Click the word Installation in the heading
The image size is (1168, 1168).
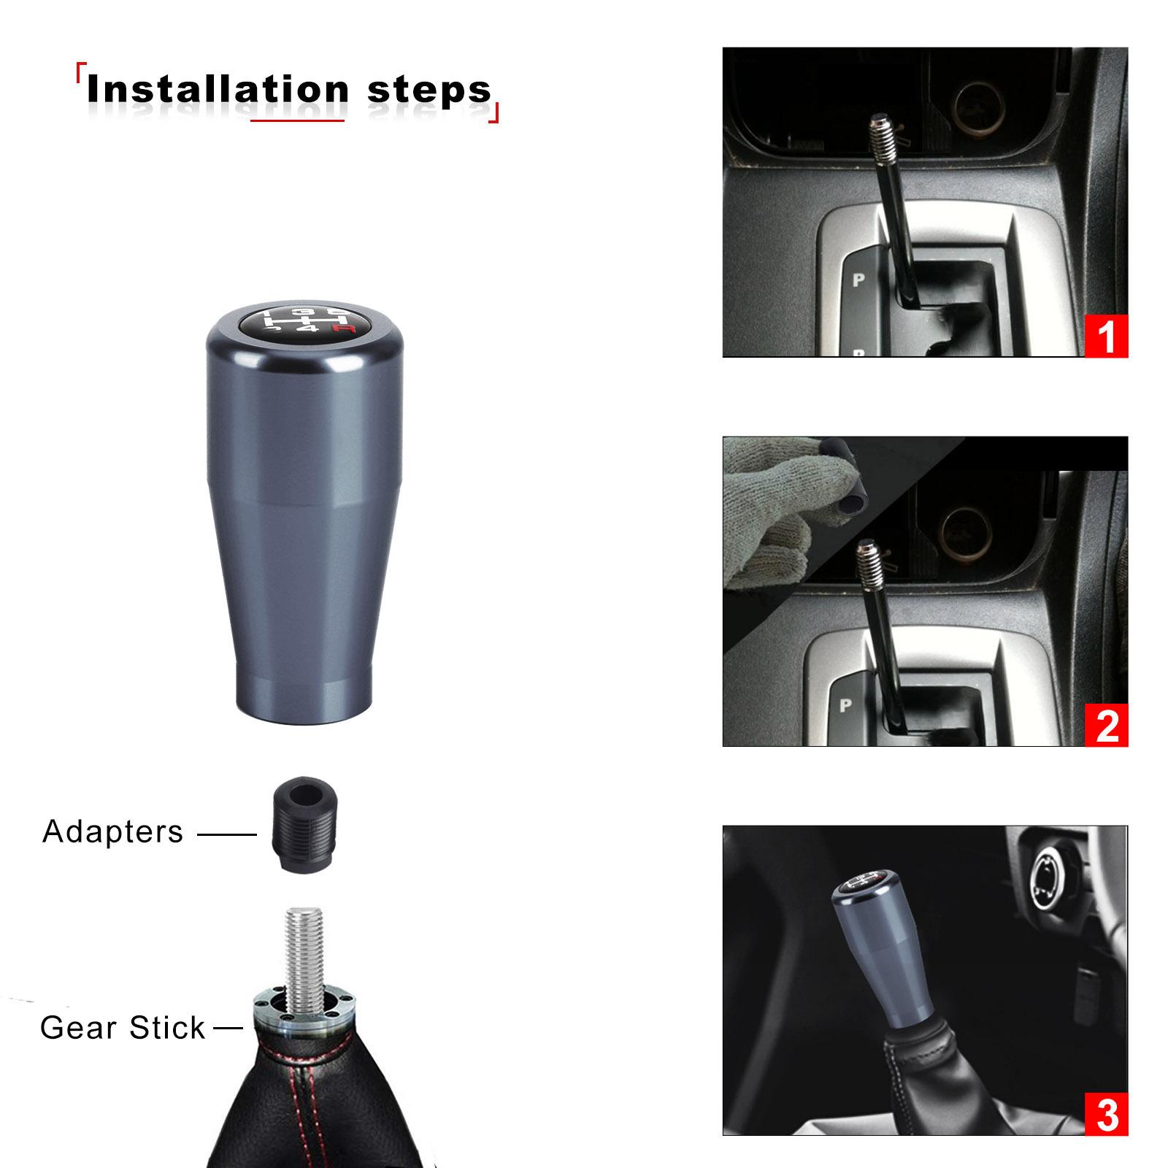218,89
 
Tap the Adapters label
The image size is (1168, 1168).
112,831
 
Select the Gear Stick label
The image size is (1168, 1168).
123,1028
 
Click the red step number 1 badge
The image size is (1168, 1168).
1106,336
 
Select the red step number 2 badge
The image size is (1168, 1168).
1106,725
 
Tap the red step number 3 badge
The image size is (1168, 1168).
1106,1114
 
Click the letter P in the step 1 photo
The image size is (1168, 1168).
858,280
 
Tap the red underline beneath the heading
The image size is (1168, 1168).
297,120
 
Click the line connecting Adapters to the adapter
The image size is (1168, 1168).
227,834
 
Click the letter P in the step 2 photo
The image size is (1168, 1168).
845,706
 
